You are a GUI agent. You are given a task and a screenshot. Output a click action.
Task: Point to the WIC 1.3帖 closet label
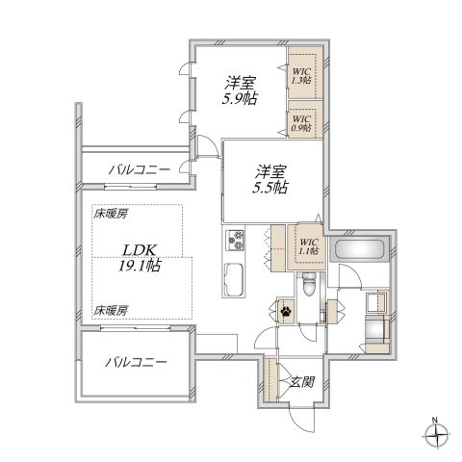coord(302,75)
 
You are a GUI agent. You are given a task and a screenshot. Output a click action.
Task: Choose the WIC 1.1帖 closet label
coord(308,247)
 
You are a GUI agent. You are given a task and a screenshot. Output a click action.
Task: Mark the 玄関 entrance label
coord(301,381)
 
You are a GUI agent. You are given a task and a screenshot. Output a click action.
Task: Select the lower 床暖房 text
coord(112,309)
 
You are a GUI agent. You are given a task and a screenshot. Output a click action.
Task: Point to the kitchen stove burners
coord(237,239)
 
